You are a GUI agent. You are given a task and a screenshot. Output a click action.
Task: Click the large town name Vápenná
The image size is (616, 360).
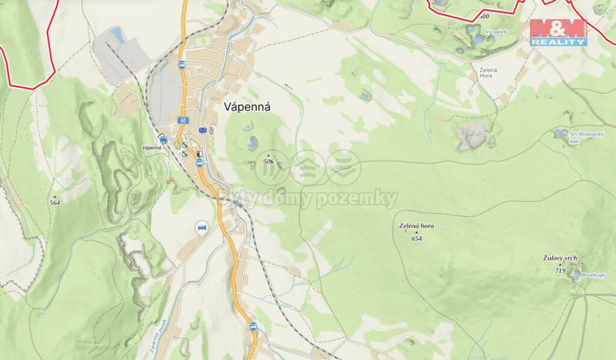pyautogui.click(x=249, y=108)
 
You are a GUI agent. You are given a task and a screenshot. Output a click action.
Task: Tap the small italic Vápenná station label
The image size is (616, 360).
pyautogui.click(x=151, y=148)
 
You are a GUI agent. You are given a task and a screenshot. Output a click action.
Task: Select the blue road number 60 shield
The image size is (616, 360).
pyautogui.click(x=181, y=121)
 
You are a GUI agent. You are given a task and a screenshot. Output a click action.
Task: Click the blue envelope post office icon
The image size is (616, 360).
pyautogui.click(x=203, y=131)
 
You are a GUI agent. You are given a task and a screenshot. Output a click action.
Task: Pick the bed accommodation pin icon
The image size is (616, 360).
pyautogui.click(x=202, y=228)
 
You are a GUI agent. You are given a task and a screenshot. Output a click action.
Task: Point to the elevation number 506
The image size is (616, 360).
pyautogui.click(x=268, y=162)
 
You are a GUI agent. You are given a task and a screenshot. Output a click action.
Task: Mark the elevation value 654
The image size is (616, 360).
pyautogui.click(x=417, y=238)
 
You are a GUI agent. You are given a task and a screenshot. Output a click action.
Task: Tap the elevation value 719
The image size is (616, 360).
pyautogui.click(x=560, y=271)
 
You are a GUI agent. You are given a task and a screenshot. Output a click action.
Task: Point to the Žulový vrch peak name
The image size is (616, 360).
pyautogui.click(x=560, y=259)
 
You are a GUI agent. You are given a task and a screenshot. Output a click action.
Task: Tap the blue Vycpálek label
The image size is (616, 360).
pyautogui.click(x=496, y=31)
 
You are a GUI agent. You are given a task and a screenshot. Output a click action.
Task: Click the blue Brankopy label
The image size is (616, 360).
pyautogui.click(x=594, y=275)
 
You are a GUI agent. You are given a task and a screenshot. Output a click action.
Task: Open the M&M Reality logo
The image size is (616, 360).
pyautogui.click(x=558, y=32)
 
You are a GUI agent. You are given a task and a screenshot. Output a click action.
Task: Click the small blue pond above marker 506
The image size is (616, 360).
pyautogui.click(x=252, y=142)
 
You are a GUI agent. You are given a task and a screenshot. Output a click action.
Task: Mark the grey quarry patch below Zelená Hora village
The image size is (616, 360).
pyautogui.click(x=471, y=137)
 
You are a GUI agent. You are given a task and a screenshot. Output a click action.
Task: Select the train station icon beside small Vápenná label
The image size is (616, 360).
pyautogui.click(x=163, y=138)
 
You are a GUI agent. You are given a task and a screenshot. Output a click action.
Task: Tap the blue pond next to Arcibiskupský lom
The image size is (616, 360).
pyautogui.click(x=559, y=134)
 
